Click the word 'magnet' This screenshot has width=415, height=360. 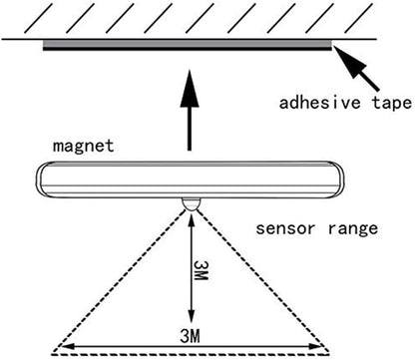click(84, 147)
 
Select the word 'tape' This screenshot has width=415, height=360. click(392, 103)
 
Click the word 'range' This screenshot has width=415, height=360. click(353, 229)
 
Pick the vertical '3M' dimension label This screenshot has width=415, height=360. click(201, 270)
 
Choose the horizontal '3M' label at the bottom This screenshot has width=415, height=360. click(190, 336)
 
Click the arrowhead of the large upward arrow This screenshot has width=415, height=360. click(190, 88)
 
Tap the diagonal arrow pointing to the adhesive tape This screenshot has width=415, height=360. click(355, 68)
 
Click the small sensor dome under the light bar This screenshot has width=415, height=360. click(191, 203)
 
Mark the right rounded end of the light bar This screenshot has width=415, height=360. click(339, 180)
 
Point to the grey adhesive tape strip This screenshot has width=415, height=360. click(188, 43)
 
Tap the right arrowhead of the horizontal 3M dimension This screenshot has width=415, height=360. click(314, 347)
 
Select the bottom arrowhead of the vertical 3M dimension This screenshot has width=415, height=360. click(191, 316)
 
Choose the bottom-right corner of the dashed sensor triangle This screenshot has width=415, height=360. click(329, 351)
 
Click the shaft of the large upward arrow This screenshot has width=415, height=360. click(190, 129)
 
